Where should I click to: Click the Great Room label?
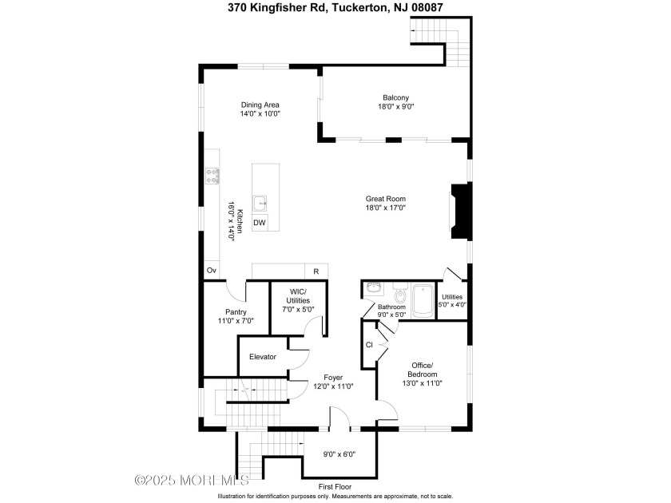[x=386, y=203]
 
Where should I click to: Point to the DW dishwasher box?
[x=260, y=223]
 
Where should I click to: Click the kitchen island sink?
[x=260, y=201]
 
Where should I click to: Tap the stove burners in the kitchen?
[x=212, y=176]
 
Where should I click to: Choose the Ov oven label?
[x=212, y=271]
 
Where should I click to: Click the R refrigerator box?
[x=316, y=271]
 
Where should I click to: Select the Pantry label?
[x=236, y=316]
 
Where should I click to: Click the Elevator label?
[x=263, y=356]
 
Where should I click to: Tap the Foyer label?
[x=333, y=382]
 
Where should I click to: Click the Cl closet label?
[x=369, y=345]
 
